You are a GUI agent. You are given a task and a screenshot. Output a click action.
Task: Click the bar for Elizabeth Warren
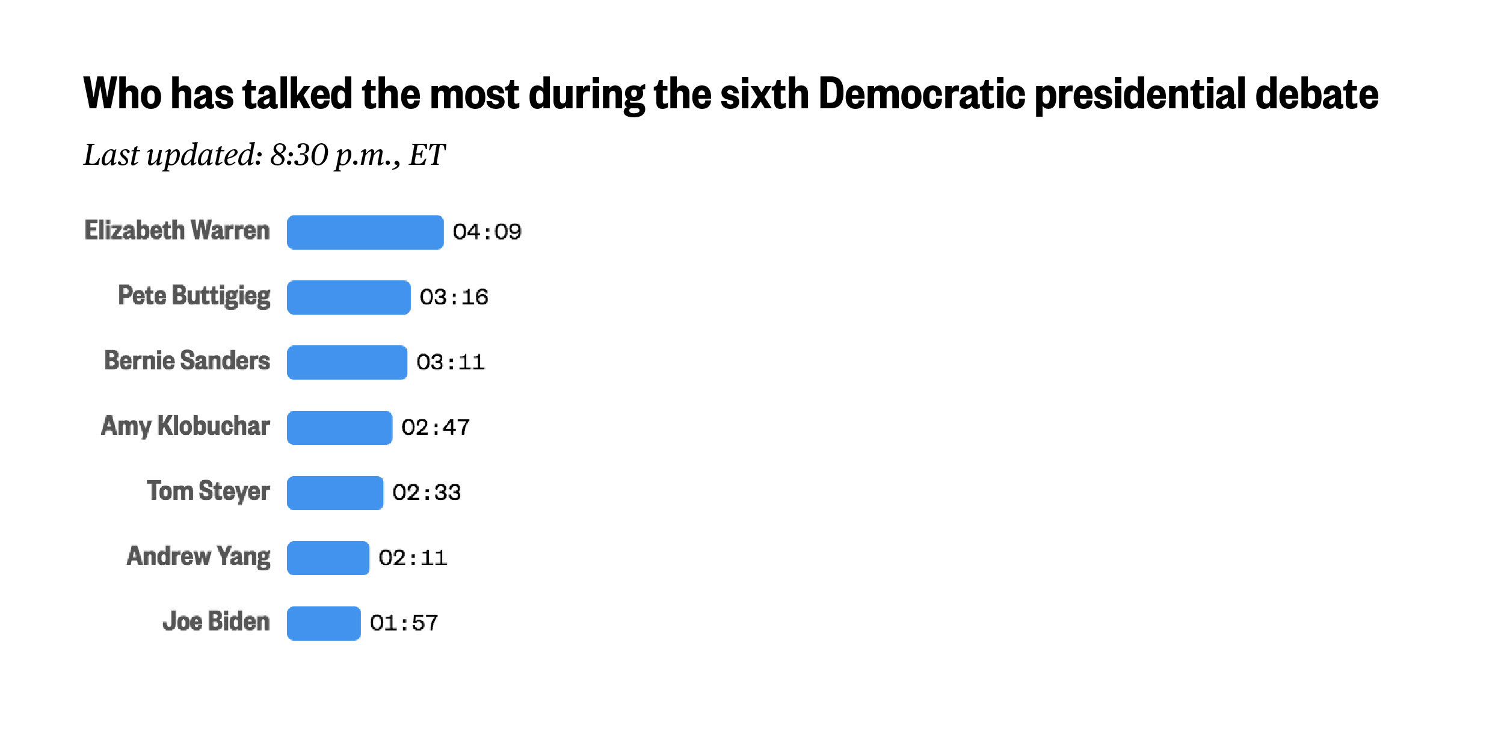pos(365,232)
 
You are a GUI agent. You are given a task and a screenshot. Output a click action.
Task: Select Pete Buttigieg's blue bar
pos(348,297)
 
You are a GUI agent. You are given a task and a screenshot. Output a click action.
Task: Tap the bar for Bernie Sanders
pos(347,362)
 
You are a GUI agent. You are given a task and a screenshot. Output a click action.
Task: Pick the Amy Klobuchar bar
pos(339,428)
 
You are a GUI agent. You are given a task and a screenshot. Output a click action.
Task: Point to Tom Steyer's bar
pos(334,493)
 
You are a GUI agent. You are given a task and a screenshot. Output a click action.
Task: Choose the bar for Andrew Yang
pos(328,558)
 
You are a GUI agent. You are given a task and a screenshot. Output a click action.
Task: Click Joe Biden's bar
pos(324,623)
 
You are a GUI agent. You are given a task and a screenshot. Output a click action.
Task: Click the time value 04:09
pos(487,232)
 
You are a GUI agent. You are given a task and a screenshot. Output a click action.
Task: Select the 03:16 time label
pos(454,297)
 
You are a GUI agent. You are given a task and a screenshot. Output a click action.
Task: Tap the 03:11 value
pos(450,362)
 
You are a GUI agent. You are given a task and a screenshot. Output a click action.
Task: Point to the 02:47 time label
pos(435,428)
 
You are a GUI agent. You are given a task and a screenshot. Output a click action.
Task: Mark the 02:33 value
pos(426,493)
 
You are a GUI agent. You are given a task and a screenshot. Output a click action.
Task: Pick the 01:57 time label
pos(404,623)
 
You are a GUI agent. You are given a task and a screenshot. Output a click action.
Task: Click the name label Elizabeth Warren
pos(177,231)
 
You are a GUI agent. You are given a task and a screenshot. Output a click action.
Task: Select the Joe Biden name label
pos(216,621)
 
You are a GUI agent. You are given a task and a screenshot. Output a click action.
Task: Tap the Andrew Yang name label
pos(199,556)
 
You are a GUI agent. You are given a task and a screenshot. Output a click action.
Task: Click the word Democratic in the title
pos(921,94)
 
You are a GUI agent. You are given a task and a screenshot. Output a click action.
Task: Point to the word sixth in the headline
pos(764,94)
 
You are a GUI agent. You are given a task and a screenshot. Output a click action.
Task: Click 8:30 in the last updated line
pos(298,155)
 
